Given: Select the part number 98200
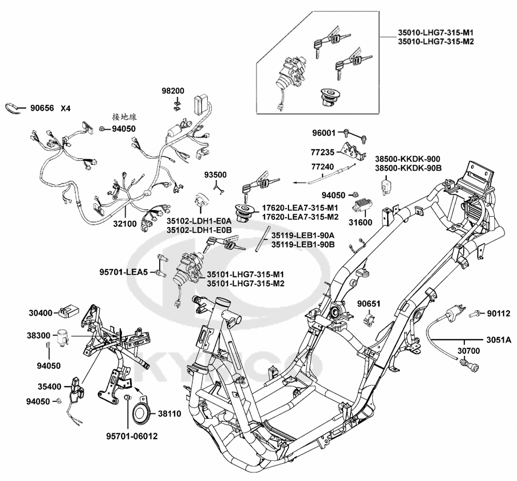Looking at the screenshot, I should [173, 91].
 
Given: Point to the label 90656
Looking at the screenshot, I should [42, 108].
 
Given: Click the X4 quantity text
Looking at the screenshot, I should [65, 108].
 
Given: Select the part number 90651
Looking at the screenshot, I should [370, 303].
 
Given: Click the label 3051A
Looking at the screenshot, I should [498, 340].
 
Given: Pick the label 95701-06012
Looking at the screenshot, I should [129, 435].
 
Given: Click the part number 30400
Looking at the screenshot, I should [40, 313].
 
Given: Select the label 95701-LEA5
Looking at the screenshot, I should [124, 272].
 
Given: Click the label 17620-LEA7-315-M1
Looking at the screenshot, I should [300, 207].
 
